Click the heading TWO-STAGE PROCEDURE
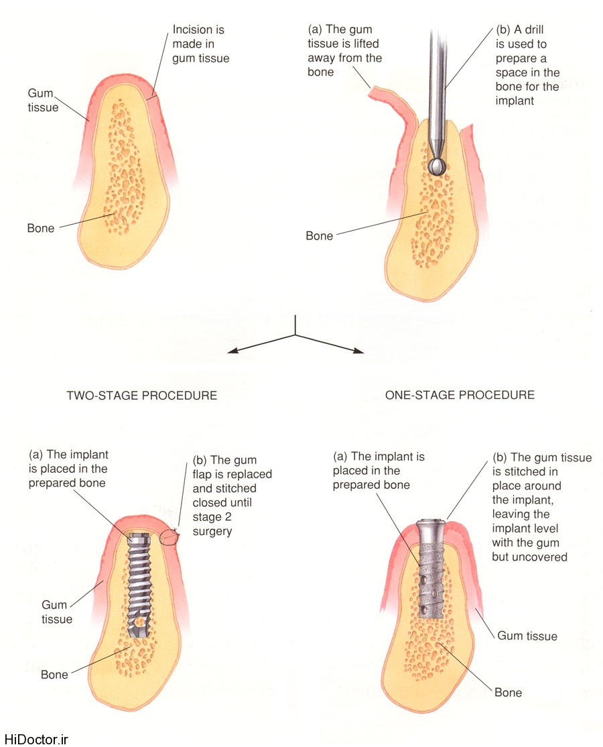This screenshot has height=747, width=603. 141,395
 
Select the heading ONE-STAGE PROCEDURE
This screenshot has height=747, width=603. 460,394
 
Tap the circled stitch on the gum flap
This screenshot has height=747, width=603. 170,536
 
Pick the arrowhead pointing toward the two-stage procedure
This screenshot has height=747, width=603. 232,351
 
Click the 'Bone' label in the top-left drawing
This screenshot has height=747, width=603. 41,228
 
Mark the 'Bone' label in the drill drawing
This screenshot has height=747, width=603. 319,236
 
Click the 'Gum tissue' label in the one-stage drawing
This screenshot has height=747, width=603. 527,635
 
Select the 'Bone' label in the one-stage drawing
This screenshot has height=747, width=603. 508,692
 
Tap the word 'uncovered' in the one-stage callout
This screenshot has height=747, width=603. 540,557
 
